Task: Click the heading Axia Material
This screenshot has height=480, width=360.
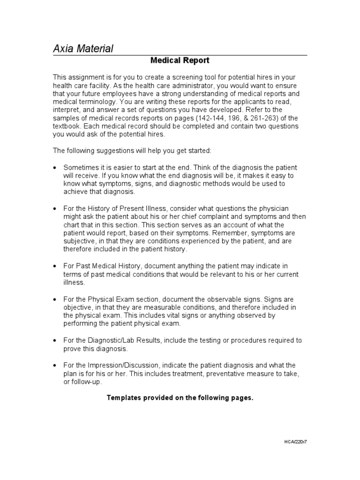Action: tap(82, 48)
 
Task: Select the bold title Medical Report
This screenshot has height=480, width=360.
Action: tap(180, 60)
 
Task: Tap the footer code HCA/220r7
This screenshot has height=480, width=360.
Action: tap(295, 442)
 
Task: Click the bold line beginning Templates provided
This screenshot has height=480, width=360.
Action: tap(180, 398)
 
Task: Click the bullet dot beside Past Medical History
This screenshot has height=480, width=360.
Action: tap(55, 266)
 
